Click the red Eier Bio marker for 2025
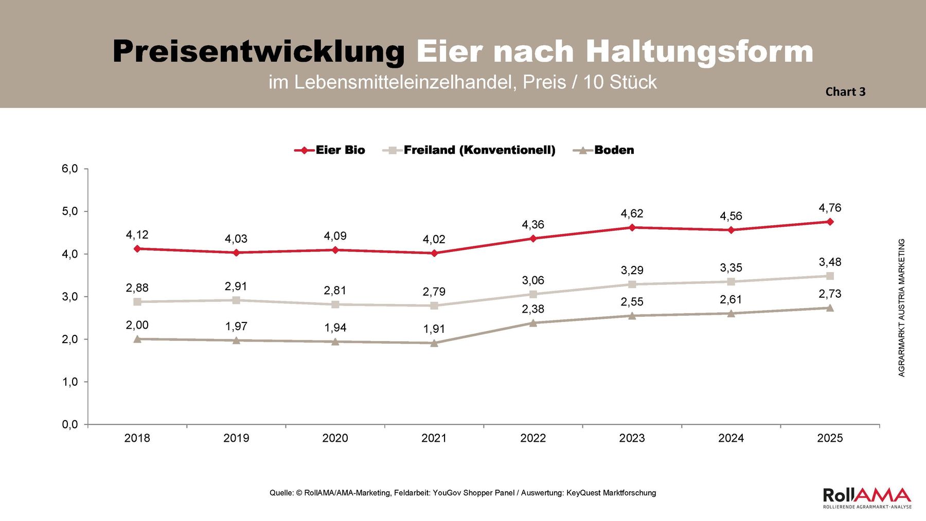[830, 222]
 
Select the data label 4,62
[632, 213]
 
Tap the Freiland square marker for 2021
[434, 306]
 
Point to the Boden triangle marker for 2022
[533, 323]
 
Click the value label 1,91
[434, 329]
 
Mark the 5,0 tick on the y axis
[70, 211]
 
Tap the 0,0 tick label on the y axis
[70, 425]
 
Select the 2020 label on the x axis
[335, 438]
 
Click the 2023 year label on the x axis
[632, 438]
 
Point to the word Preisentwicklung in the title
[259, 51]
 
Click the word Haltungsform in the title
[699, 51]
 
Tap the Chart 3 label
[845, 92]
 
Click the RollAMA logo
[867, 497]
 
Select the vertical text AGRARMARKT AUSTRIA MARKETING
[901, 308]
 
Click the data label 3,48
[830, 262]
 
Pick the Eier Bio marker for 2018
[137, 248]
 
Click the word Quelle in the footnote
[281, 493]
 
